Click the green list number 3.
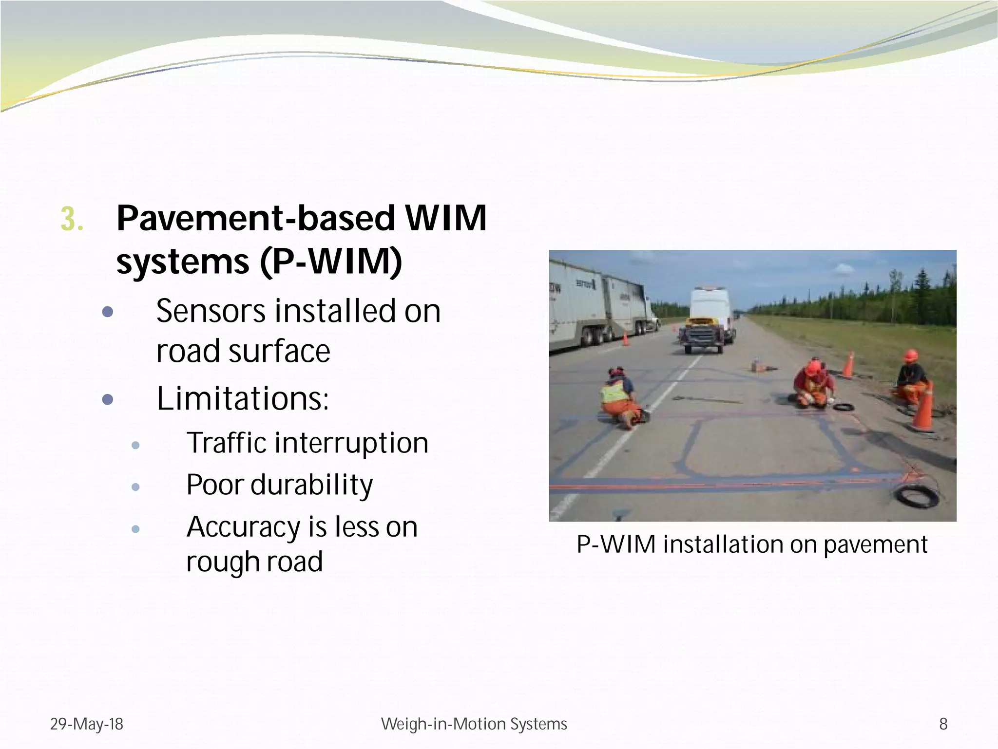pos(71,220)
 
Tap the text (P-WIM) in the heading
pos(331,262)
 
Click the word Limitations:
pos(243,398)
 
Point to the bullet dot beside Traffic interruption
pos(136,445)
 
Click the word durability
pos(312,485)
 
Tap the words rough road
pos(254,562)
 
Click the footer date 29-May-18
pos(87,724)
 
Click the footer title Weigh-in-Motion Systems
pos(474,724)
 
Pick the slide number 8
pos(943,724)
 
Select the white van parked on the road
pos(710,312)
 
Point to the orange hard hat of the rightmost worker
pos(910,356)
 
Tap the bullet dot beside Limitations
pos(108,400)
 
